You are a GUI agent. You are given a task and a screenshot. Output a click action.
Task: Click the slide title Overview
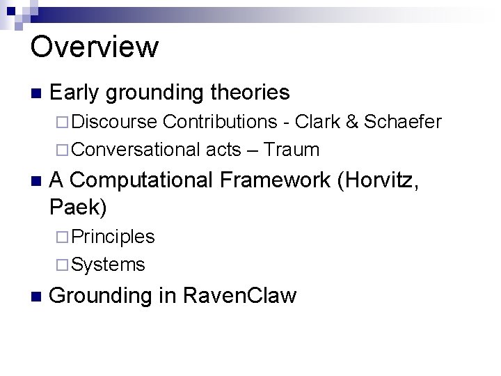coord(95,47)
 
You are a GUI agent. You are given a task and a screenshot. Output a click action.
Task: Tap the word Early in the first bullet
coord(76,92)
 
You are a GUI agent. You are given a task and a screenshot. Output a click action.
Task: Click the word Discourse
coord(114,123)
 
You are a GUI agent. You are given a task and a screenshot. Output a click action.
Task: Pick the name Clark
coord(317,123)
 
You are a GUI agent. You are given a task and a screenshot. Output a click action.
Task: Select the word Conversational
coord(136,149)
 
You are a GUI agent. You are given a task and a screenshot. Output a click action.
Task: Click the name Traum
coord(292,149)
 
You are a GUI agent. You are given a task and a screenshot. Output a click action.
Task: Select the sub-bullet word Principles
coord(113,237)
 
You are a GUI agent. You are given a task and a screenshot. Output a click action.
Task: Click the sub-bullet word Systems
coord(108,264)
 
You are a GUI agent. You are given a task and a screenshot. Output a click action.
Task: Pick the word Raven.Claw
coord(239,295)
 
